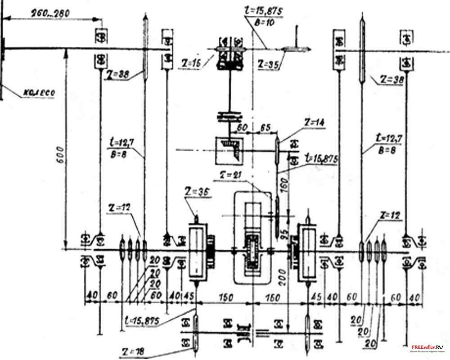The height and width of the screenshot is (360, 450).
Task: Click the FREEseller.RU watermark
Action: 426,347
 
